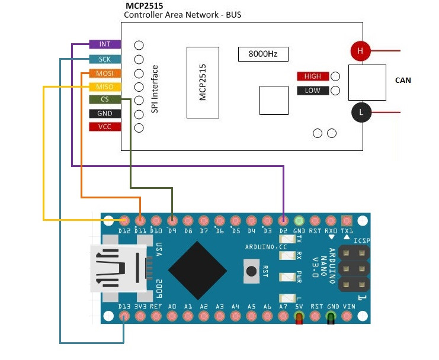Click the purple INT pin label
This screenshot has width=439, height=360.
(x=105, y=44)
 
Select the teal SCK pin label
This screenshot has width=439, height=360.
(x=105, y=59)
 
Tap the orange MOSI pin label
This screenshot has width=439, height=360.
(x=105, y=73)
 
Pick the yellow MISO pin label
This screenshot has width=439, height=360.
(x=105, y=87)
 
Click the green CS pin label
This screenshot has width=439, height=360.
(x=105, y=99)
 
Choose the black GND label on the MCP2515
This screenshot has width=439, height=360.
(x=105, y=114)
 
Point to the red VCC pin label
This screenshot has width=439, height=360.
(x=105, y=127)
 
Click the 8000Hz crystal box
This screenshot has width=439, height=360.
(x=263, y=54)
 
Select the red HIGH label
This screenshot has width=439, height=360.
(x=312, y=76)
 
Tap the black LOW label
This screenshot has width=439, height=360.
(x=312, y=91)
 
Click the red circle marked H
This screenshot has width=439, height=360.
(x=360, y=51)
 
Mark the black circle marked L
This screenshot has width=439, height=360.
(x=360, y=112)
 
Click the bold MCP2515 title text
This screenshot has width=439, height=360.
(x=145, y=5)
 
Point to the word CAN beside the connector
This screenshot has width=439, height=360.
(x=403, y=81)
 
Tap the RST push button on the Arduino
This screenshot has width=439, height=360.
(x=252, y=271)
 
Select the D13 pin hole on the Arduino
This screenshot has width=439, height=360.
(x=124, y=316)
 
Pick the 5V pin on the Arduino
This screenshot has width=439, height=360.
(x=299, y=316)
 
